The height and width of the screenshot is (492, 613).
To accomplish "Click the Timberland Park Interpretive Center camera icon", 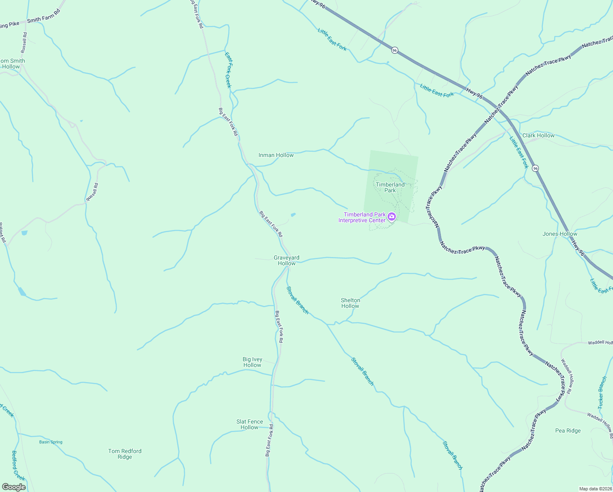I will point(392,216).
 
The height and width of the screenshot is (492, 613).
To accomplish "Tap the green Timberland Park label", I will point(390,187).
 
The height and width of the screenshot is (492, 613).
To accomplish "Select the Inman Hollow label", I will point(276,155).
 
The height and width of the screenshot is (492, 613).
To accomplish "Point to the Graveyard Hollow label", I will point(286,260).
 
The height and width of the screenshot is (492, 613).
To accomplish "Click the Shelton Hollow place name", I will point(350,303).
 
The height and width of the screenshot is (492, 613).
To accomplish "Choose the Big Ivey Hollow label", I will point(252,362).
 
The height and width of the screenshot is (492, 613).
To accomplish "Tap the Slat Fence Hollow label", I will point(250,424).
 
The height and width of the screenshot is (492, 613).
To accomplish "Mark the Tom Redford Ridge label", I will point(125,454).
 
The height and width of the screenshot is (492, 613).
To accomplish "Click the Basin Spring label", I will point(51,442).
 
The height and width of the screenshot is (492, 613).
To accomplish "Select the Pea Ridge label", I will point(568,430).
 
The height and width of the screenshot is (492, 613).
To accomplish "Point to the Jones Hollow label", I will point(560,234).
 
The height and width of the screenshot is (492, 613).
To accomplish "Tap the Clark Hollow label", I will point(538,135).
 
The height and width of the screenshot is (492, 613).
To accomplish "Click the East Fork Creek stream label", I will point(229,69).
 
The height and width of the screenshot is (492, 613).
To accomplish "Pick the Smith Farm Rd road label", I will point(43,16).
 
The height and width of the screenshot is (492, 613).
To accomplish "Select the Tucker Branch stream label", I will point(602,393).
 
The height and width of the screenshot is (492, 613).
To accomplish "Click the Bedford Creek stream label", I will point(18,466).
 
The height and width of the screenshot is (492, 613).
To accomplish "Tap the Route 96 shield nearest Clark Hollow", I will point(535,169).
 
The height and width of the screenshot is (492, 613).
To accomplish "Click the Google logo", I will point(14,487).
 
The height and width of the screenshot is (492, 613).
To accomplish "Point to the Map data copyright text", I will point(595,489).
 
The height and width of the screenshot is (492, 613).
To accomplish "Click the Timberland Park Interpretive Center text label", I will point(362,217).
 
